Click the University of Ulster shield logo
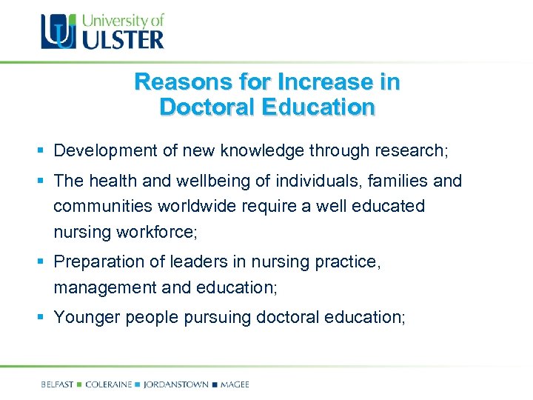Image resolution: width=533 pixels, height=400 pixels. pos(58,31)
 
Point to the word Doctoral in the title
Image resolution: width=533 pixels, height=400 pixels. pos(205,107)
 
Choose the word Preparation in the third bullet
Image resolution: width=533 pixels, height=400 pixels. pos(99,261)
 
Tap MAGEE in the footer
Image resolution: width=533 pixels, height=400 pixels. pos(235,384)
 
